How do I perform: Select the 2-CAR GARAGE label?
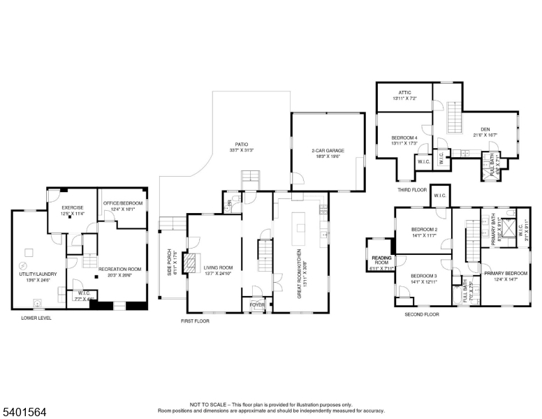click(327, 151)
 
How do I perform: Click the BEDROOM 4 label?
click(404, 138)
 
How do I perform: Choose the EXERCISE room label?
click(73, 207)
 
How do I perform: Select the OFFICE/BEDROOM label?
click(122, 203)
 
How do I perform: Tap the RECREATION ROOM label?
click(119, 269)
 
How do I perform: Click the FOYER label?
click(258, 304)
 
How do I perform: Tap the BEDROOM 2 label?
click(424, 230)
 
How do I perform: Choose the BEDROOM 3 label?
click(424, 276)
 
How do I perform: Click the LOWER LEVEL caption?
click(36, 318)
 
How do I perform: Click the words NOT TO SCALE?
click(207, 404)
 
